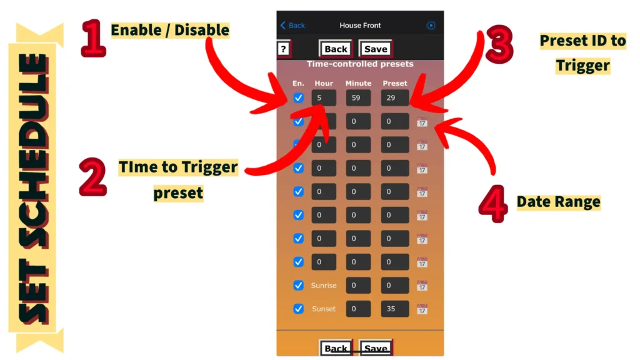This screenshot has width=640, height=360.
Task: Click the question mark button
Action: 284,49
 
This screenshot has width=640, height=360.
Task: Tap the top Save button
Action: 376,49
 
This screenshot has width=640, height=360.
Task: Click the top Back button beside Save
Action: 336,49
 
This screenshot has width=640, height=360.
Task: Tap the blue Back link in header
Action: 292,25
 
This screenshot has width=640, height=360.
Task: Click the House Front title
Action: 360,25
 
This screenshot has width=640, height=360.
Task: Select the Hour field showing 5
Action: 324,98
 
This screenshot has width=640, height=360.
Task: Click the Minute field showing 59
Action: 358,98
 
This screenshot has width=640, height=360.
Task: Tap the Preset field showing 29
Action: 395,98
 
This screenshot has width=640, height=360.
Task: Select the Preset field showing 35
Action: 395,309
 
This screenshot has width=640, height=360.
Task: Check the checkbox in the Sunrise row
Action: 298,285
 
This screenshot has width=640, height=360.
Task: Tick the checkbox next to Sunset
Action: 298,309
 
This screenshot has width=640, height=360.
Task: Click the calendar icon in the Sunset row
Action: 422,309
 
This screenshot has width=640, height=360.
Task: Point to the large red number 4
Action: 494,204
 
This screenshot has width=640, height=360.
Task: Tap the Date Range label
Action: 558,202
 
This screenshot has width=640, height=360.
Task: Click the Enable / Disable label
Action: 170,30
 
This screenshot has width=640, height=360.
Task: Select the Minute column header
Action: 358,83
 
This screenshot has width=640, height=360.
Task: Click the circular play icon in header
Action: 431,25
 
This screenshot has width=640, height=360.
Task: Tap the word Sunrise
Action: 324,285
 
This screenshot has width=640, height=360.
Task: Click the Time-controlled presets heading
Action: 360,64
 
